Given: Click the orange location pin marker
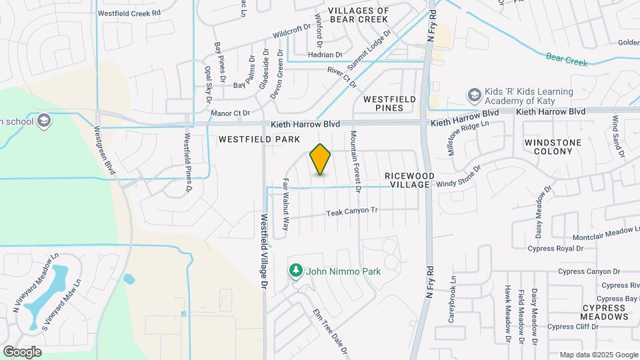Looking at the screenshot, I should point(321,159).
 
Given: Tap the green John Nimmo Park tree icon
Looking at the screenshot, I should point(295,271).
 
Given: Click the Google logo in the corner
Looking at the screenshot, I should point(22,351).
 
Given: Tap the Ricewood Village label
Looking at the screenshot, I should point(410,180).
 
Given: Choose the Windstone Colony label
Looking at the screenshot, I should point(553,147).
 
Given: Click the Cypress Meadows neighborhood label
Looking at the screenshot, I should point(605,312).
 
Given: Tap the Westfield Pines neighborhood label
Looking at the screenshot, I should point(389,103).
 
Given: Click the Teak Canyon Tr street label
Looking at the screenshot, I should point(352,212).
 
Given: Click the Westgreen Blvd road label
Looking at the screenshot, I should point(105,151).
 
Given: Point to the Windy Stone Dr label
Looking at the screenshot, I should point(459,177).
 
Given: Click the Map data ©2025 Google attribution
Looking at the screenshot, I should point(598,355).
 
